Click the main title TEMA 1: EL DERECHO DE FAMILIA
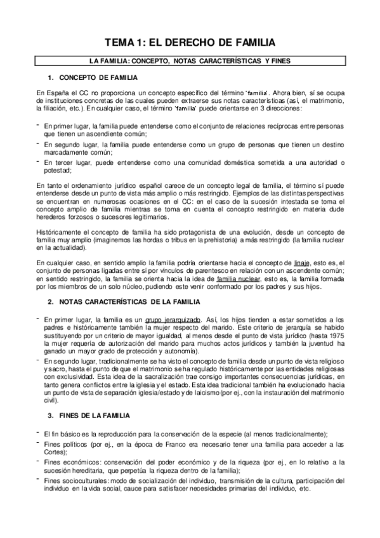click(190, 43)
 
